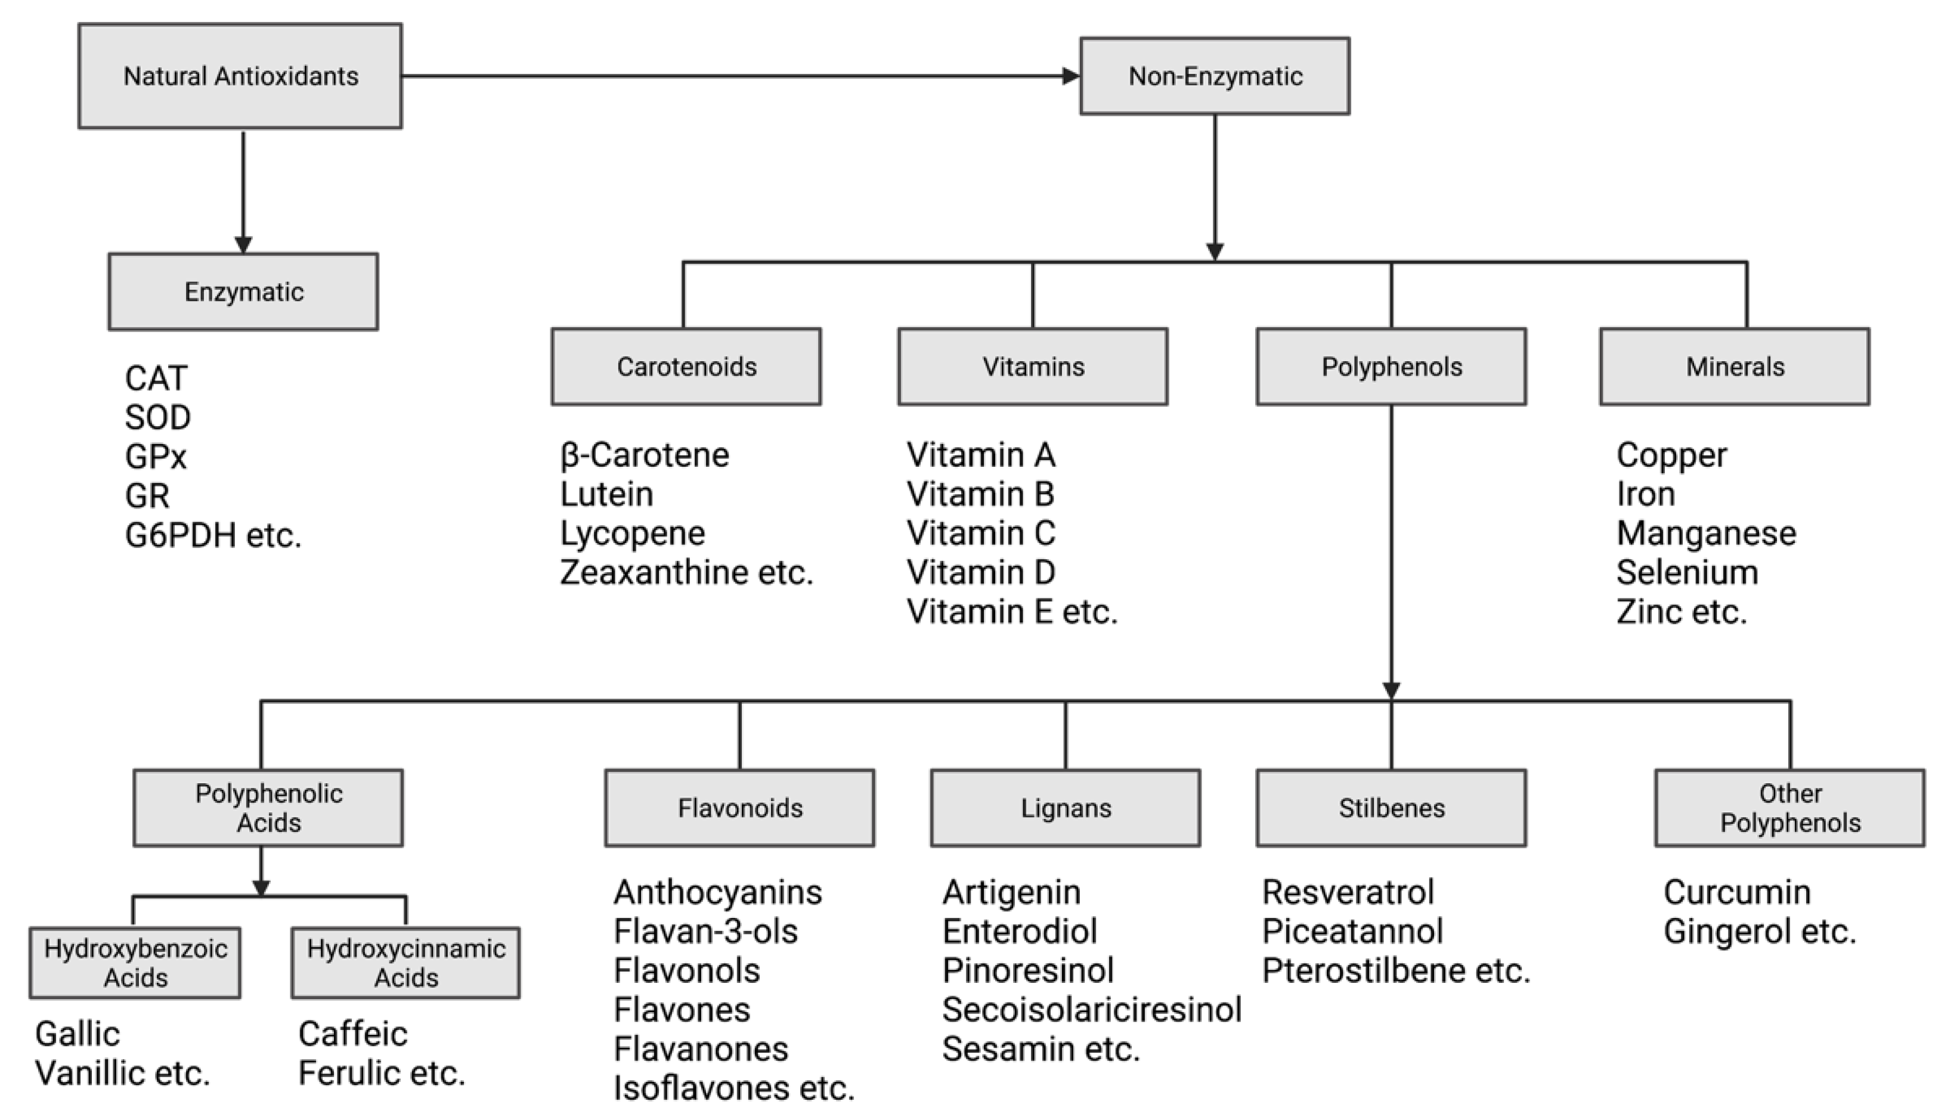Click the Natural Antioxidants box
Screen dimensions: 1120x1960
[x=240, y=76]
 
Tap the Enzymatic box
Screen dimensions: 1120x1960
[x=243, y=291]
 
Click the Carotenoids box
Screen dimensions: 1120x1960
[x=686, y=367]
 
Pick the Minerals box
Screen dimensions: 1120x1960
[x=1735, y=367]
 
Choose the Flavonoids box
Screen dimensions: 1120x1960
[x=739, y=808]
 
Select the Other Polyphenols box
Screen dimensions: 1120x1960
[x=1790, y=808]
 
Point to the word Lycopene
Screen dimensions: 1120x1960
[x=632, y=533]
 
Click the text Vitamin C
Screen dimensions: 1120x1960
[x=980, y=533]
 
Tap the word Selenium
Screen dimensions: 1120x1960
[x=1687, y=572]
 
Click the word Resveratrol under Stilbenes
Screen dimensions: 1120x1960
[x=1348, y=892]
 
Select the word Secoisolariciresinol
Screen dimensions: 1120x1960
[x=1091, y=1009]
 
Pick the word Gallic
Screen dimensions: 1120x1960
[x=78, y=1034]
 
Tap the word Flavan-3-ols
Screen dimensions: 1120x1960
[x=705, y=932]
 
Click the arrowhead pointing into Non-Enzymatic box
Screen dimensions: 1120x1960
[x=1070, y=76]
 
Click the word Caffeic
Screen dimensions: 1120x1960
[x=352, y=1034]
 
